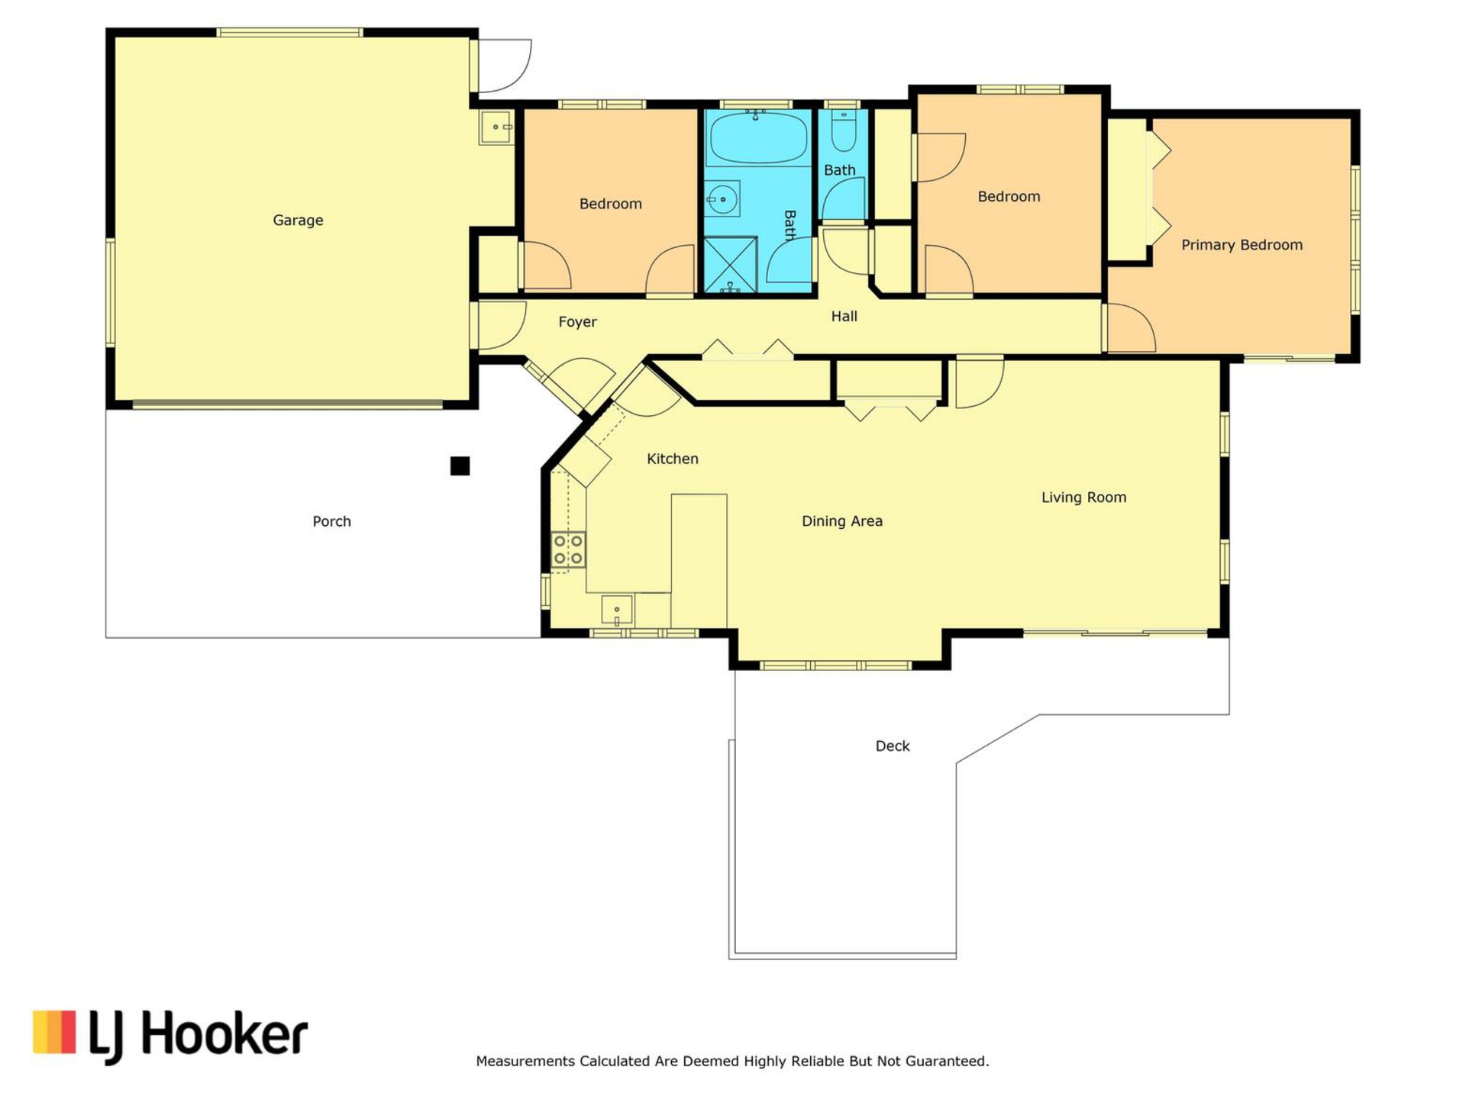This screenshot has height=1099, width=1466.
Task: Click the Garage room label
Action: coord(298,221)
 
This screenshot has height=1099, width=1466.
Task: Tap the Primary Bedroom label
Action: coord(1242,245)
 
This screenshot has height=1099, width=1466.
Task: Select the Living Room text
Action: coord(1083,498)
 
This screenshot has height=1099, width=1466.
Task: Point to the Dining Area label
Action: coord(842,521)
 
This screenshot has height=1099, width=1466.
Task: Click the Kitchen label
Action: coord(673,459)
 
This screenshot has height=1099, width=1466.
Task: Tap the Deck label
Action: coord(893,746)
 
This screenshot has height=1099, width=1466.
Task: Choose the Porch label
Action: coord(332,521)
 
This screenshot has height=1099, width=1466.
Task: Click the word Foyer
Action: coord(577,322)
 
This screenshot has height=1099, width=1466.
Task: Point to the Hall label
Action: coord(844,316)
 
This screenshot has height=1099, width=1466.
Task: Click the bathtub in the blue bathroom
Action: coord(757,138)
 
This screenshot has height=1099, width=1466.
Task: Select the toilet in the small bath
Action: coord(844,131)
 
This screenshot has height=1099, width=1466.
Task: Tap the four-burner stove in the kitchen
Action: coord(569,549)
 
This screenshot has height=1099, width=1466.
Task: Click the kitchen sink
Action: coord(617,611)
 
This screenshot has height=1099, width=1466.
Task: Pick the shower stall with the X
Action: coord(731,265)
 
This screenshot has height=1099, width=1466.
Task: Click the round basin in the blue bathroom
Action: coord(722,200)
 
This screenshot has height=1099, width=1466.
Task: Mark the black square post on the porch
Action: coord(460,466)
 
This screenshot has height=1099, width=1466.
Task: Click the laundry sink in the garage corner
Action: coord(497,127)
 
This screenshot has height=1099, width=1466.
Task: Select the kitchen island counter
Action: coord(699,561)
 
